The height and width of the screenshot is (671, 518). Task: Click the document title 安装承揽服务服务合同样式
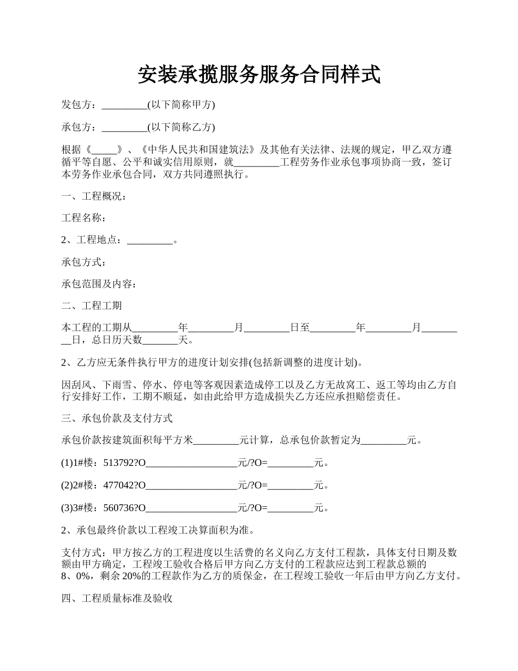(259, 75)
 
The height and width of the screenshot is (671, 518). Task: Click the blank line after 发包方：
(124, 105)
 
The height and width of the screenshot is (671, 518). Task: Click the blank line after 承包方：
(124, 127)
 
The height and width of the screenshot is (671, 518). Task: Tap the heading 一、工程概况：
(94, 196)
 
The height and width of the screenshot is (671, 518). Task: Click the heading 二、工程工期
(92, 305)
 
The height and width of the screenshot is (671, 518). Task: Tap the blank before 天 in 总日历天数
(160, 340)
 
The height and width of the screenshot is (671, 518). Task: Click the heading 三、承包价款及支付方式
(117, 418)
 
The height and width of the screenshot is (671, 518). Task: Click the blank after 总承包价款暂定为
(384, 440)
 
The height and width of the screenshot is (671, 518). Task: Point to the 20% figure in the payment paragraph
(131, 576)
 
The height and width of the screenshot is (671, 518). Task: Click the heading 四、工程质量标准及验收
(117, 598)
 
